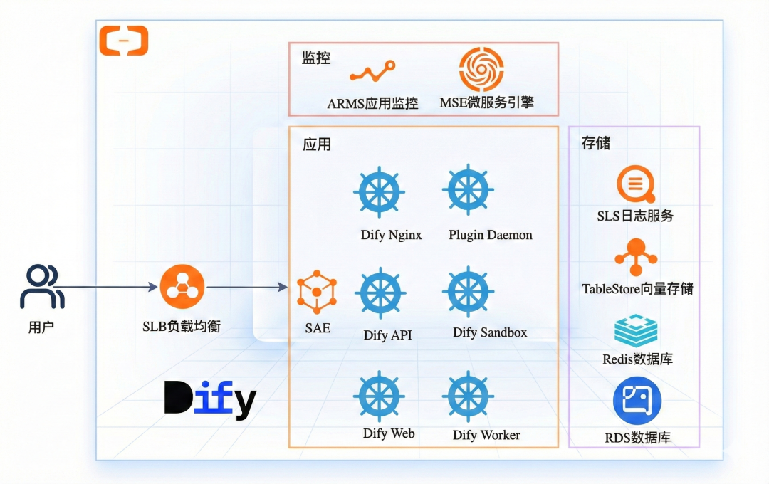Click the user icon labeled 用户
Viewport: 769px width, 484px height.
tap(42, 287)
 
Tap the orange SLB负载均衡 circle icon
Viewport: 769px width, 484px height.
tap(182, 287)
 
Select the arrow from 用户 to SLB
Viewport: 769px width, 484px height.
tap(107, 288)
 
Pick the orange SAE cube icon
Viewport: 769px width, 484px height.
tap(317, 291)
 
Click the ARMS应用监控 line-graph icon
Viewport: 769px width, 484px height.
tap(372, 71)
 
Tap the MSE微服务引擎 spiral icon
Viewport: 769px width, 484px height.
tap(481, 69)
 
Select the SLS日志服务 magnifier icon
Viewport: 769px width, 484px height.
tap(635, 184)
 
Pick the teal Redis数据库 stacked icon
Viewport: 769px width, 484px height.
tap(636, 331)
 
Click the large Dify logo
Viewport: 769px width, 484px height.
tap(210, 399)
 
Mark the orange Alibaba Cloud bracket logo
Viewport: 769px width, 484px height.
tap(123, 41)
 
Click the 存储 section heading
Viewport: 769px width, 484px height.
tap(596, 143)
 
